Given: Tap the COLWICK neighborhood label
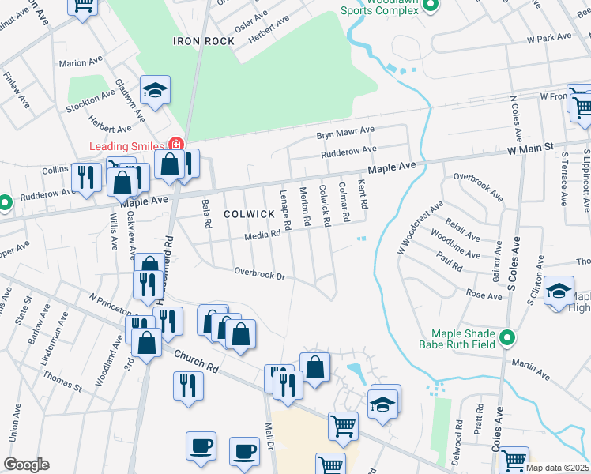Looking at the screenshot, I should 248,214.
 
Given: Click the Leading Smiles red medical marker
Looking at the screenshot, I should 175,145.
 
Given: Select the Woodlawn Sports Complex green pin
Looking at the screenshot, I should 430,6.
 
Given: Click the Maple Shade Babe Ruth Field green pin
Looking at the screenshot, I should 507,338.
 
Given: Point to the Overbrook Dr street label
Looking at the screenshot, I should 259,274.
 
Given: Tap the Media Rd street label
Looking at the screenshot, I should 262,234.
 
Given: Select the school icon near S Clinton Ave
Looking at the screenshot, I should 559,292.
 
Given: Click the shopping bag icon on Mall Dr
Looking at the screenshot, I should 314,367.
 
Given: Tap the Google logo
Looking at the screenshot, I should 26,465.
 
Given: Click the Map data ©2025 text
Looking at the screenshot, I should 557,468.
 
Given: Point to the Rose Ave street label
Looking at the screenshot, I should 484,295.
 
